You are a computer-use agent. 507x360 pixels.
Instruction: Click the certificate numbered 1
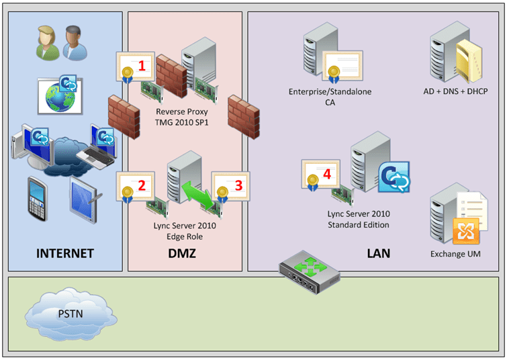(135, 66)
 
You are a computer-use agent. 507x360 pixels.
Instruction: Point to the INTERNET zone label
(64, 253)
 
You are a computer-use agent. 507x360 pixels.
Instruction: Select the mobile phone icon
(38, 197)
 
